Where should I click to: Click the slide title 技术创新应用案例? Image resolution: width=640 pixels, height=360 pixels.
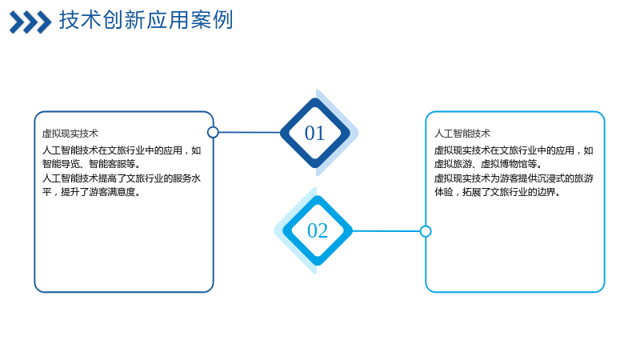[x=146, y=20]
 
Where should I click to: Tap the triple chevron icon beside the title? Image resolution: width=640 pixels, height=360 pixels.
[x=30, y=22]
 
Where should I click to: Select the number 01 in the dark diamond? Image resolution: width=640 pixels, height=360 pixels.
[x=314, y=133]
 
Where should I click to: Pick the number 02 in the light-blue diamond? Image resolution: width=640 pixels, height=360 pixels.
[x=318, y=230]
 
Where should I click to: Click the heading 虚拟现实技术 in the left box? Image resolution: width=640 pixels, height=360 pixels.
[x=70, y=134]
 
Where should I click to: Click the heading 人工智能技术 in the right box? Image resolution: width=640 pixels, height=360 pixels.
[x=462, y=134]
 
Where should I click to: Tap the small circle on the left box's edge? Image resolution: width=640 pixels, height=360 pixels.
[x=213, y=132]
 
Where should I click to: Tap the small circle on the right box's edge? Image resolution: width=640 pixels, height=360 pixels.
[x=426, y=231]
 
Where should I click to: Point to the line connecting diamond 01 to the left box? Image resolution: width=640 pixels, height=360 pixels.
[x=250, y=132]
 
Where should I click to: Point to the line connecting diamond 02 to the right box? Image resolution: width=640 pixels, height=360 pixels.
[x=386, y=231]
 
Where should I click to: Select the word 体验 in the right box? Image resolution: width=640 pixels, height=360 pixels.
[x=444, y=192]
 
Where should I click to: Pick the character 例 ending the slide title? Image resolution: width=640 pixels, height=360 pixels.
[x=223, y=20]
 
